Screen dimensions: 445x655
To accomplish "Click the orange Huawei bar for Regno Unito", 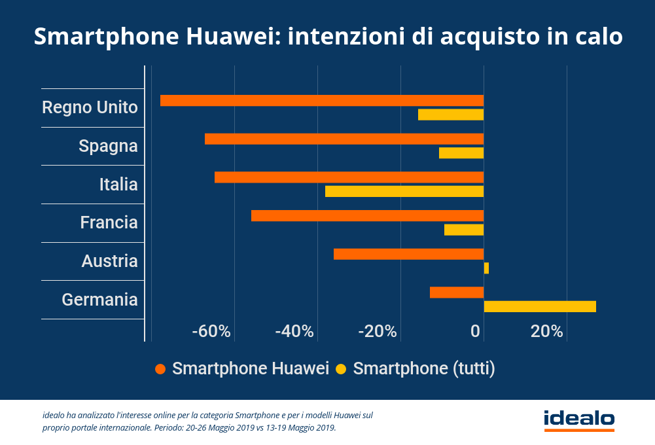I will [x=322, y=101].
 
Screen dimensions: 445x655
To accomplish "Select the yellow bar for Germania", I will [x=540, y=306].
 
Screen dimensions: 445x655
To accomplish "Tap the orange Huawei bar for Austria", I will [x=408, y=254].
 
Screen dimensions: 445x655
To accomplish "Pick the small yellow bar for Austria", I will [x=486, y=268].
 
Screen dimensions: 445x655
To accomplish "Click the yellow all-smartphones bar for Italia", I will [x=404, y=191].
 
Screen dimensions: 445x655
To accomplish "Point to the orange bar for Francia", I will [x=367, y=216].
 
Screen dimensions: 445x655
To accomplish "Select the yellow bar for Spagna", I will [x=461, y=153].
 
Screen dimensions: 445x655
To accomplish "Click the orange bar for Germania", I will [x=457, y=293].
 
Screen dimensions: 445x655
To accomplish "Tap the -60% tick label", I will [x=211, y=331].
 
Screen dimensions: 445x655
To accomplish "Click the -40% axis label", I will [x=294, y=331].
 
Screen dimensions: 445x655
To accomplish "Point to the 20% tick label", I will [x=547, y=331].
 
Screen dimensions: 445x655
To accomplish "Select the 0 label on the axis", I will [x=476, y=331].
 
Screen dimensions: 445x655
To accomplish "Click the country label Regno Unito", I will [x=90, y=107].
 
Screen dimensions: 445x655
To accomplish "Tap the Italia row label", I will [x=118, y=185].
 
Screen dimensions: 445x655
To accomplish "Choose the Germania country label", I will [x=99, y=300].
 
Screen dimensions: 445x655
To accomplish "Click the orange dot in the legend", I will [x=160, y=369].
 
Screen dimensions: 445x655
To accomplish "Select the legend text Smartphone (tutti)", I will [x=424, y=368].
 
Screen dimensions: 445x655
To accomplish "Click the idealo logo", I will [x=579, y=419].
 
